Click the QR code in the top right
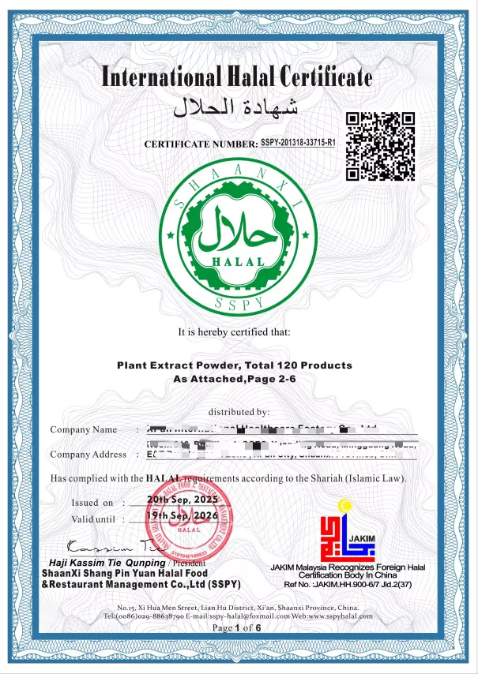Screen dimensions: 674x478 381,146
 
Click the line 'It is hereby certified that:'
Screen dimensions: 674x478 235,331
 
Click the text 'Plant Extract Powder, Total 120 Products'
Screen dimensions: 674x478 235,365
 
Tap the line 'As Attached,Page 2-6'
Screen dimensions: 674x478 235,379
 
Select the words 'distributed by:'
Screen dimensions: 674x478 239,412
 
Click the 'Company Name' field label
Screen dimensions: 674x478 83,429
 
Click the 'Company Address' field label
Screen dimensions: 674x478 88,454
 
